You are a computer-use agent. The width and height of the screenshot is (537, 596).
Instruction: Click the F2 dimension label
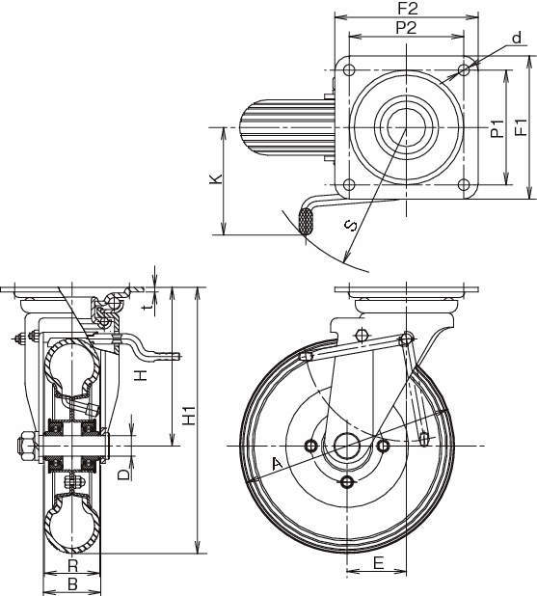[408, 9]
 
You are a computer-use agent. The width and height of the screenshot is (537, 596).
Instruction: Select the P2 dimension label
[406, 28]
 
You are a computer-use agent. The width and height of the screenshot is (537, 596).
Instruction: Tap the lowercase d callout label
[516, 38]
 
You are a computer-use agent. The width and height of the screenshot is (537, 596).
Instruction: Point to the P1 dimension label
[497, 128]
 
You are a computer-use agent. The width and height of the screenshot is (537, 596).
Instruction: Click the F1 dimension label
[520, 127]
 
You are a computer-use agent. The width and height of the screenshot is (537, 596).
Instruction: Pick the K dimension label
[216, 179]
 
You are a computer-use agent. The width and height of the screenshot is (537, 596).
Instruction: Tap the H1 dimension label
[189, 416]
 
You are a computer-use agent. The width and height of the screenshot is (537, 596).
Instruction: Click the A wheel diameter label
[277, 464]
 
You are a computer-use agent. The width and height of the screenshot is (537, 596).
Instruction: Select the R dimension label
[72, 565]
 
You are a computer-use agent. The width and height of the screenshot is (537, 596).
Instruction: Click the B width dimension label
[72, 583]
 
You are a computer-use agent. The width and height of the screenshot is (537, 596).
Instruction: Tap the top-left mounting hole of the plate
[349, 70]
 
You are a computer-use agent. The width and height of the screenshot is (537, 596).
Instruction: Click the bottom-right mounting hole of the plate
[463, 185]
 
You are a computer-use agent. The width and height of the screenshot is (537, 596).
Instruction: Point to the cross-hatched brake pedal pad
[306, 221]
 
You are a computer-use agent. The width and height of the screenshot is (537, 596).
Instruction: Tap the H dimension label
[142, 376]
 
